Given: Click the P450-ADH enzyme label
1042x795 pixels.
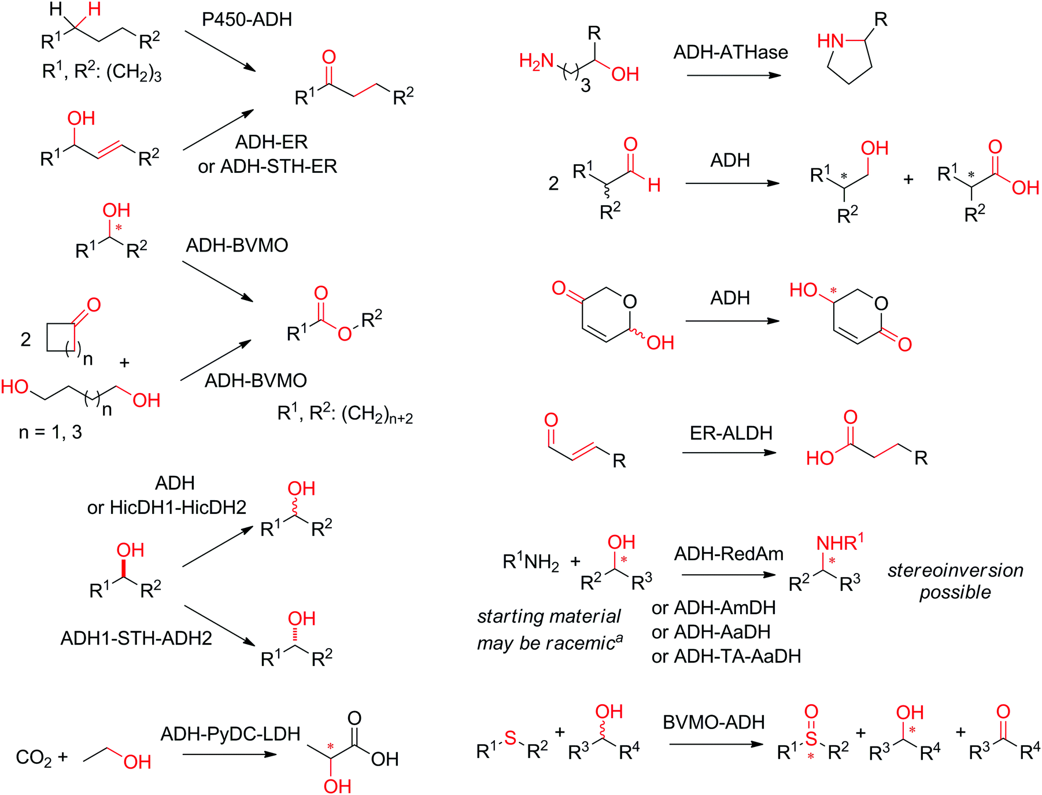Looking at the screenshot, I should (247, 20).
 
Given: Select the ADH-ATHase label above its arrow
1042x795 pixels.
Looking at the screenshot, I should (730, 53).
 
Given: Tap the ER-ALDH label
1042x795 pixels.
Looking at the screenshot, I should (731, 433).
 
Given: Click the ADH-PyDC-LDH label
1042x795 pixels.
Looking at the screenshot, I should (230, 734).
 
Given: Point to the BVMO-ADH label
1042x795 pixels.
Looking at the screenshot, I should (714, 722).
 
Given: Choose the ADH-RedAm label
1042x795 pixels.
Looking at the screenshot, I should (729, 554).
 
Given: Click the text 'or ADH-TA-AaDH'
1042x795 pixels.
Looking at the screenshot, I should (726, 656).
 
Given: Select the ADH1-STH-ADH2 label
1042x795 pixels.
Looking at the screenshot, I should (136, 638).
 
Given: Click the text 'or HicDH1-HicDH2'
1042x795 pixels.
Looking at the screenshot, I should (167, 508).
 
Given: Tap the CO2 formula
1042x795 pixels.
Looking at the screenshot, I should (33, 757).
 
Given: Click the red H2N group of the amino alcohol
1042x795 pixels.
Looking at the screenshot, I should (537, 61).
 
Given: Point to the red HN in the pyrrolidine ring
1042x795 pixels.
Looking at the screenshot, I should (830, 41).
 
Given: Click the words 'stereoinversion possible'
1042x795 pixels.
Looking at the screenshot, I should (955, 581).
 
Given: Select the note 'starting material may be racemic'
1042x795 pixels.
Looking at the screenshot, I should (549, 630).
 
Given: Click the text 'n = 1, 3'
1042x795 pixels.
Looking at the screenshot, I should (50, 432).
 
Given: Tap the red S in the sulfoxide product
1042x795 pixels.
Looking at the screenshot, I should (811, 738).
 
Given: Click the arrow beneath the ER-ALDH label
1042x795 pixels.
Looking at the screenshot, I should (729, 452).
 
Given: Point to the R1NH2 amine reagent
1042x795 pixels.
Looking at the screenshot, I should (531, 561).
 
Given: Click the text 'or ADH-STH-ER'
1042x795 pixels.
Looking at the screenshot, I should (267, 167).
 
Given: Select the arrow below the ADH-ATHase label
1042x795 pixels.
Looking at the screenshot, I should (733, 75).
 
